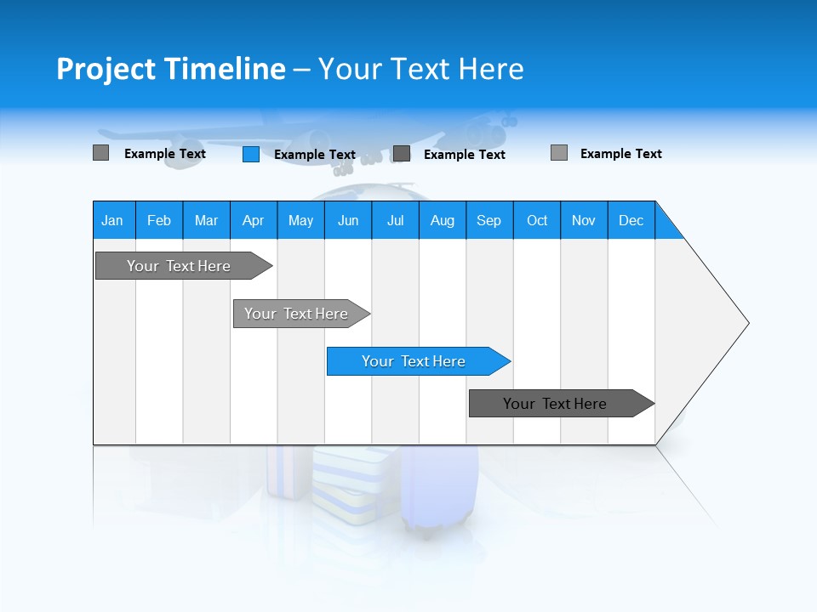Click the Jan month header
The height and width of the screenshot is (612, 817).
coord(113,220)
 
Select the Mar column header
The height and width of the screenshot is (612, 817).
coord(206,220)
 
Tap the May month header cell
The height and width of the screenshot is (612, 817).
coord(300,220)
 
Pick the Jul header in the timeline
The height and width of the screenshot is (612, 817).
coord(395,220)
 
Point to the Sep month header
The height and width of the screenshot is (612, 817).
coord(488,220)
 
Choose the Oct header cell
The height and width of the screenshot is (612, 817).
coord(537,220)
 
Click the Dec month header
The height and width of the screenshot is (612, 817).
coord(631,220)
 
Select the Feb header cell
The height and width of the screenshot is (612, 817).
coord(159,220)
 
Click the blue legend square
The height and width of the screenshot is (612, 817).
coord(250,154)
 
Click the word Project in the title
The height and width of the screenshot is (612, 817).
coord(106,69)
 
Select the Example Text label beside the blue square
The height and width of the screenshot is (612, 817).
coord(314,155)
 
